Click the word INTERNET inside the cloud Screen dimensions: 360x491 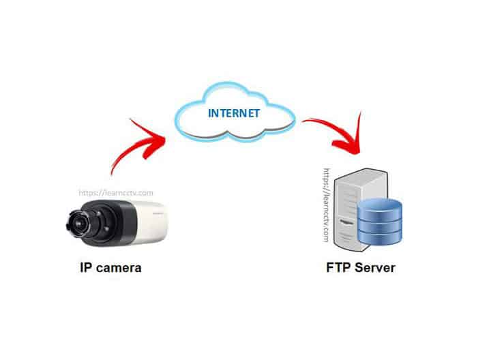point(234,113)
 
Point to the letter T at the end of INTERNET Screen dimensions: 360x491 point(256,113)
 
